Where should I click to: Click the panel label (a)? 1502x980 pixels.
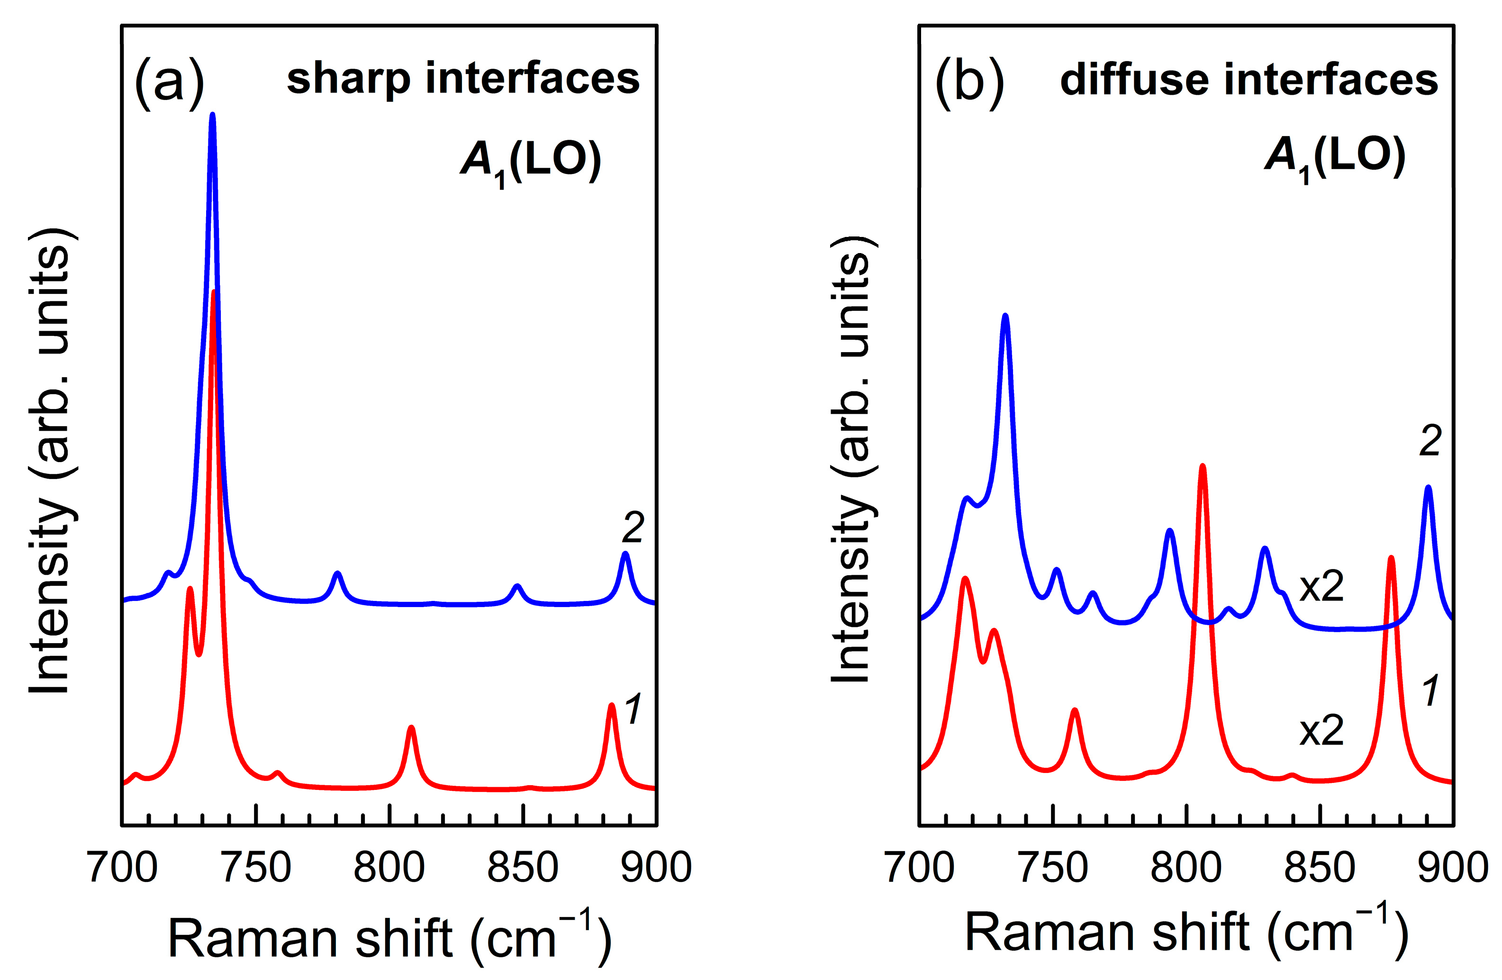tap(169, 82)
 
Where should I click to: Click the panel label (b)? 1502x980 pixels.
tap(969, 82)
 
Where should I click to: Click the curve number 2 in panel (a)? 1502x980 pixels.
tap(633, 527)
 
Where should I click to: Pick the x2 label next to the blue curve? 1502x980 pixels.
tap(1321, 587)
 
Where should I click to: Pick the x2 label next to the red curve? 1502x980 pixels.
tap(1321, 731)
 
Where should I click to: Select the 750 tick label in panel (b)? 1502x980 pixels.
tap(1053, 867)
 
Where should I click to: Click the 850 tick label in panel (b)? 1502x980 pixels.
tap(1320, 867)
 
